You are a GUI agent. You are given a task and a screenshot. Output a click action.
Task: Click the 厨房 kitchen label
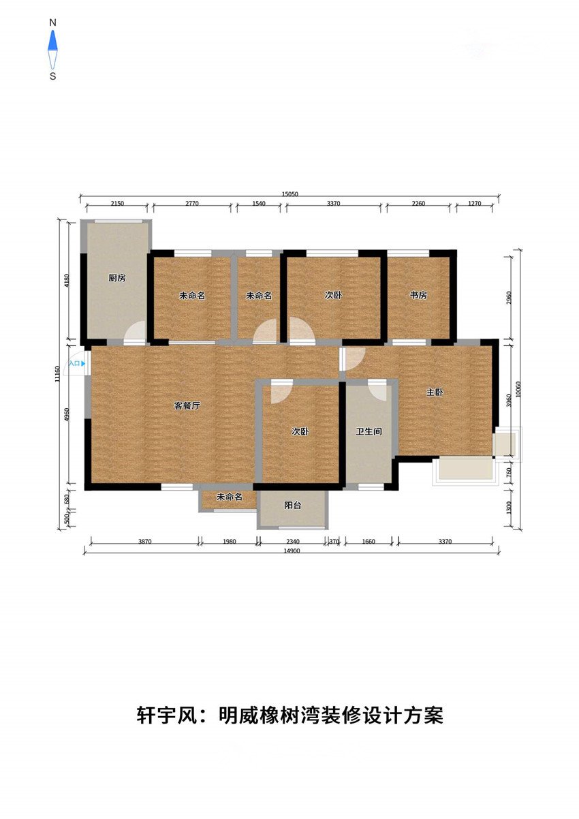tap(117, 278)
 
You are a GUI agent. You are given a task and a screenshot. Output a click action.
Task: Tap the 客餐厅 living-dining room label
tap(187, 405)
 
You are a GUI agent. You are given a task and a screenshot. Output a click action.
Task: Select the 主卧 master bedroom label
tap(435, 392)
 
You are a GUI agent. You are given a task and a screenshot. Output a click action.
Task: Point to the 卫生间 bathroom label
tap(369, 431)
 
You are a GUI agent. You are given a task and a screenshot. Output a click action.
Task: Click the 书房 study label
tap(418, 295)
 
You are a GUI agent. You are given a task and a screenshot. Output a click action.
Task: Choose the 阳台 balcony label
tap(293, 506)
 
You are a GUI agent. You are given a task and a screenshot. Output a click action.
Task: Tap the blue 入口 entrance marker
tap(77, 363)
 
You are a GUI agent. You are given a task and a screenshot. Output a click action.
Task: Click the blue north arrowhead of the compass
tap(53, 40)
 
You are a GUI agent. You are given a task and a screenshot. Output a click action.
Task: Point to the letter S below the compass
tap(53, 76)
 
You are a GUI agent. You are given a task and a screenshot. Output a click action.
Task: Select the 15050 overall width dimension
tap(289, 194)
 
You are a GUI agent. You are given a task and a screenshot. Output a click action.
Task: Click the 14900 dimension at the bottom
tap(292, 551)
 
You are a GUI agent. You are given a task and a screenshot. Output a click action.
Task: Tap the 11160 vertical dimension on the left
tap(57, 373)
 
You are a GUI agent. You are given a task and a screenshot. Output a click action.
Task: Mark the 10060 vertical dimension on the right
tap(518, 389)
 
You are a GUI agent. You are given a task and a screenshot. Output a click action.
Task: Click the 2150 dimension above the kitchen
tap(117, 203)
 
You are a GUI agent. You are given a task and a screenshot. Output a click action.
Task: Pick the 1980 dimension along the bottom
tap(229, 542)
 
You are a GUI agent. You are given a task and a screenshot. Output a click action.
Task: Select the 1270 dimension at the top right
tap(475, 203)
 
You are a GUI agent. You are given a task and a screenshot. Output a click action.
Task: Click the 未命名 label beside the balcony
tap(229, 497)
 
